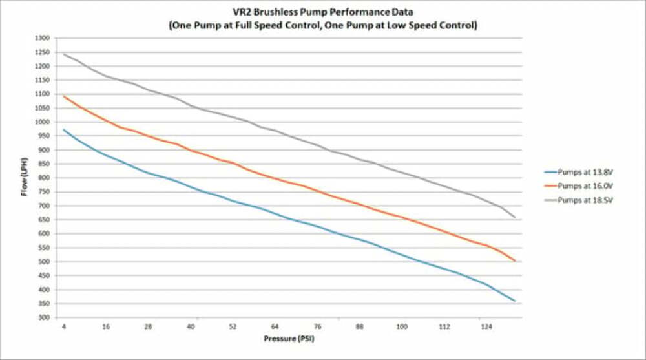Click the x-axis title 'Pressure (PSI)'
pos(289,338)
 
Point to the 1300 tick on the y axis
pos(42,38)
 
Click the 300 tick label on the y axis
pos(43,318)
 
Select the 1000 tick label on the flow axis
pos(42,122)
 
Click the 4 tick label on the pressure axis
pos(64,327)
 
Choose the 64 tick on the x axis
pos(275,327)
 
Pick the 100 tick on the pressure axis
pos(401,327)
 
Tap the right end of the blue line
pos(515,301)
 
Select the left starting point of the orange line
pos(64,96)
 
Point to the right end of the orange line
pos(515,261)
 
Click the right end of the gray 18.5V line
pos(515,217)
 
